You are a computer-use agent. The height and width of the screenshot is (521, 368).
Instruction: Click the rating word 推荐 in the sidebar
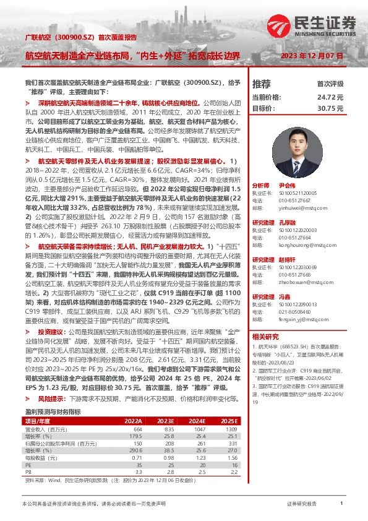(x=262, y=84)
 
